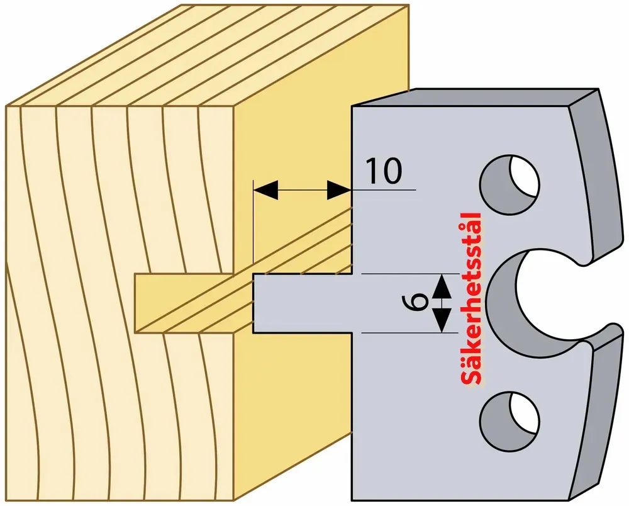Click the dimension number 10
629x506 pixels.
coord(384,171)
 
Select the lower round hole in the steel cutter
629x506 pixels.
coord(509,422)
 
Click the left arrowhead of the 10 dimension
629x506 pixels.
coord(265,189)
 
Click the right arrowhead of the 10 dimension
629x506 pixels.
coord(340,189)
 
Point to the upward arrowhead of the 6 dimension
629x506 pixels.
coord(442,286)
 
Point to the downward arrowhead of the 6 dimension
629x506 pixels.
coord(442,320)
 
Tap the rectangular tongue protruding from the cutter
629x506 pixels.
coord(303,303)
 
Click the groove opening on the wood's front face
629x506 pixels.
coord(184,303)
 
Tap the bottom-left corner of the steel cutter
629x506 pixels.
coord(352,500)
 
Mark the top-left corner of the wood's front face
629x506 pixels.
coord(6,106)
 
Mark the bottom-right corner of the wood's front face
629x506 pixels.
coord(234,501)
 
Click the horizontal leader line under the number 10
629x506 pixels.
coord(384,189)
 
